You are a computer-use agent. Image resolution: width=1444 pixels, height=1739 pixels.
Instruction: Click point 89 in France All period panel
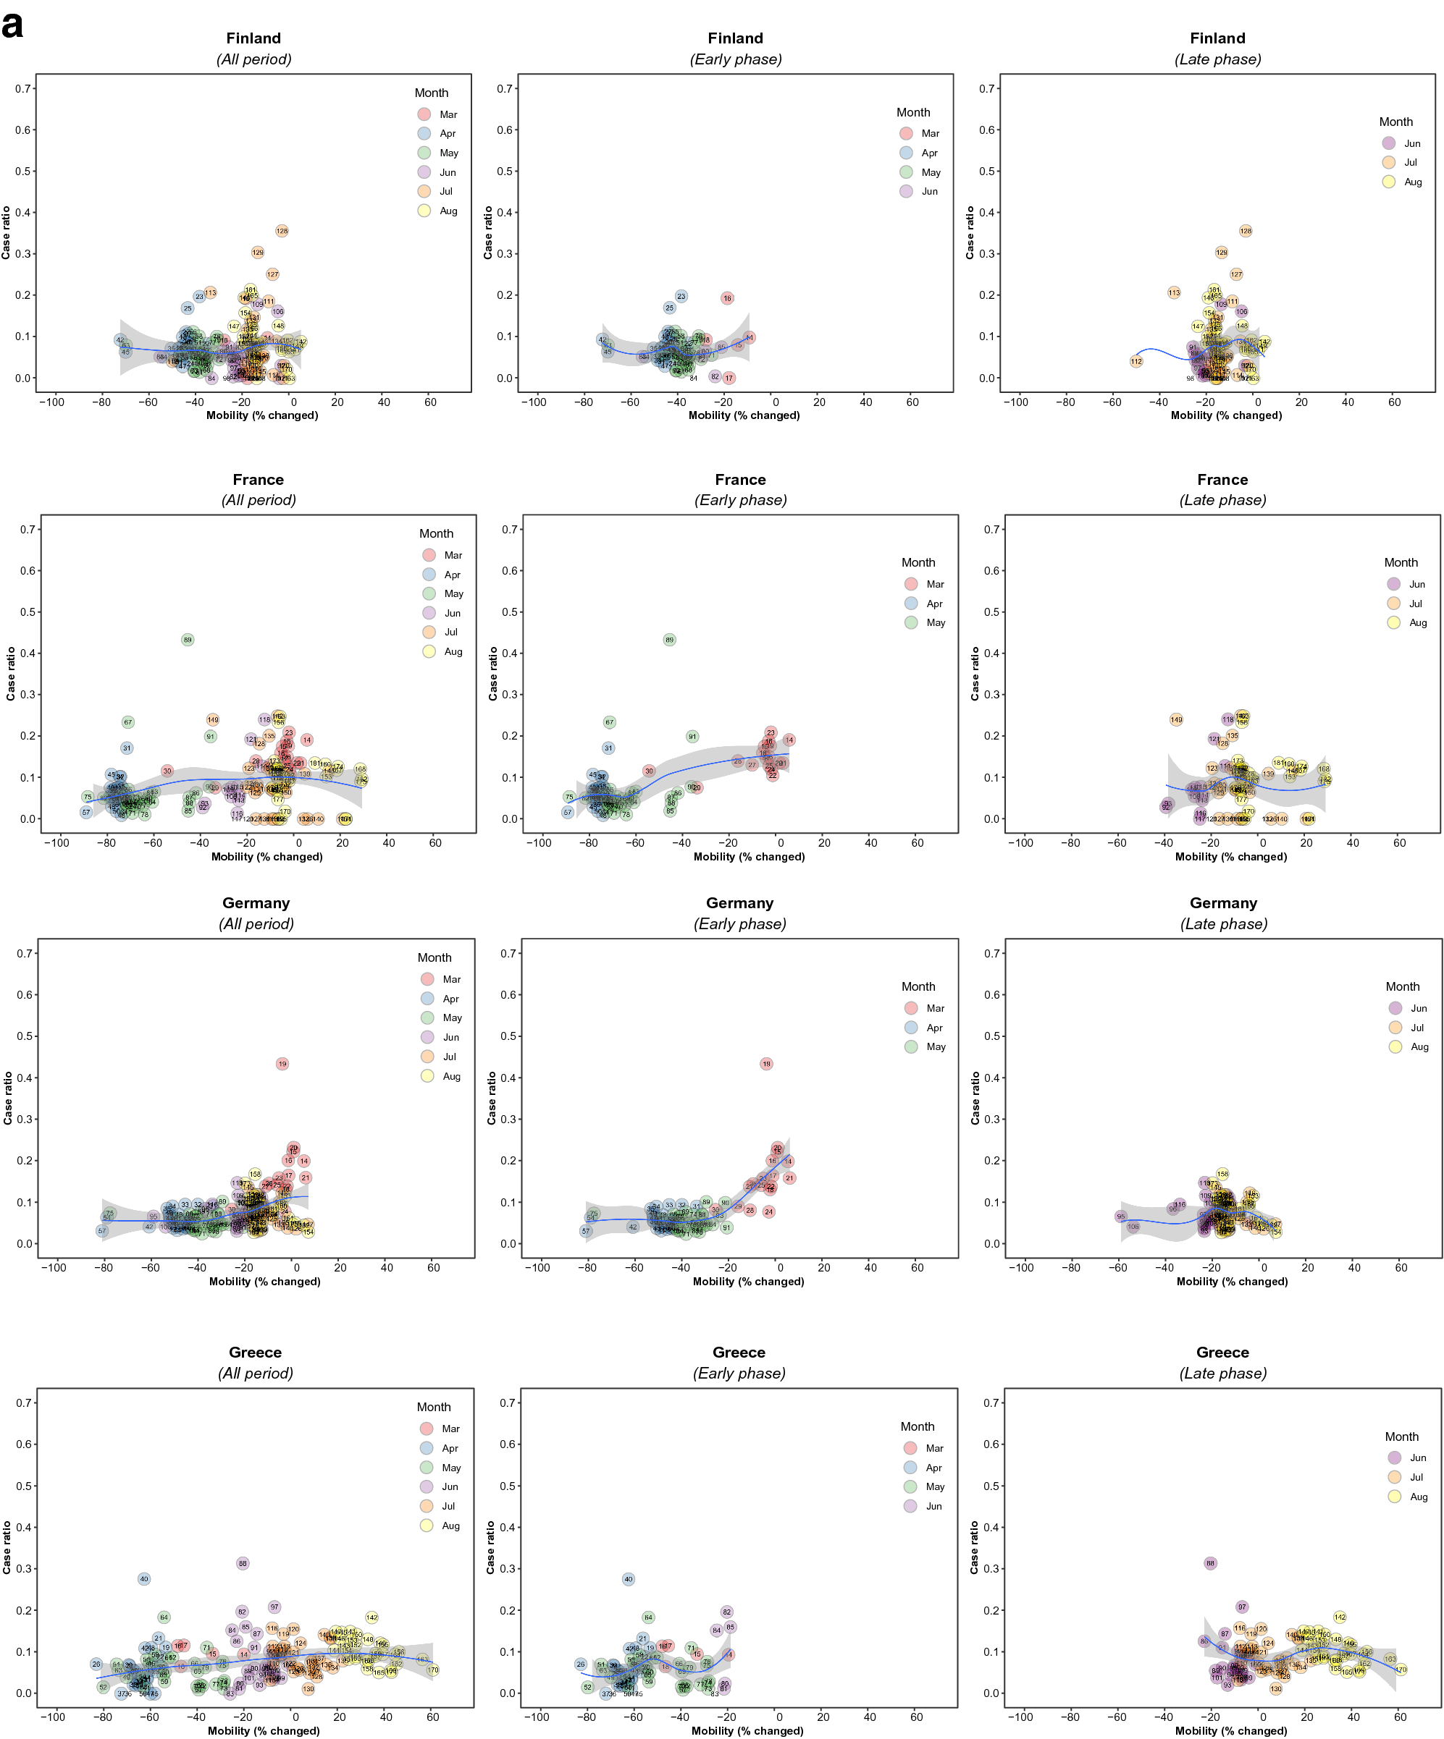tap(188, 639)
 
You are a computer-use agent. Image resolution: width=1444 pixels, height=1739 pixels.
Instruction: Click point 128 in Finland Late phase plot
tap(1245, 231)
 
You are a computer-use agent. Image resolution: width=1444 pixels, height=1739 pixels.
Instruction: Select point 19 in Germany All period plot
tap(282, 1063)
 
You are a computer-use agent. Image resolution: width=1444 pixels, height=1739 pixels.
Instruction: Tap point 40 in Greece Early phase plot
tap(628, 1579)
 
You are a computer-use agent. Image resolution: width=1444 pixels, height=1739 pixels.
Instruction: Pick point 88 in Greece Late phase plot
tap(1210, 1563)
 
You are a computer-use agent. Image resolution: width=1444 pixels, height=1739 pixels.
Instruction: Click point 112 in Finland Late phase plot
tap(1137, 361)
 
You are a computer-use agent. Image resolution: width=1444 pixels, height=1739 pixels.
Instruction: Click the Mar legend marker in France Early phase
tap(911, 584)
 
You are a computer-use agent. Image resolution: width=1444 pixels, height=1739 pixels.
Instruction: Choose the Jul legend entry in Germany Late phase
tap(1408, 1028)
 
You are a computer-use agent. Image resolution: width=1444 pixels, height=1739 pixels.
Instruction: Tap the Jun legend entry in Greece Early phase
tap(923, 1506)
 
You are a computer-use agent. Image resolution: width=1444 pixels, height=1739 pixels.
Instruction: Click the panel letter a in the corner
tap(12, 25)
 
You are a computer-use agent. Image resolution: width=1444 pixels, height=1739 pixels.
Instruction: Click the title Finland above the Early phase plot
tap(735, 38)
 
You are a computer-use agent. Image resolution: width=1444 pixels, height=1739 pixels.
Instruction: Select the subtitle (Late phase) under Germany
tap(1223, 923)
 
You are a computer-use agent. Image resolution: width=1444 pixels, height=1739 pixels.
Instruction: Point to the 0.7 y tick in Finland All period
tap(23, 88)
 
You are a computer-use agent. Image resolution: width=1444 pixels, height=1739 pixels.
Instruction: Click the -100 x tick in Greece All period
tap(53, 1717)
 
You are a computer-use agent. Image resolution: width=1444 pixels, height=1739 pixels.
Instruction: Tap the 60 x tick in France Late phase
tap(1399, 842)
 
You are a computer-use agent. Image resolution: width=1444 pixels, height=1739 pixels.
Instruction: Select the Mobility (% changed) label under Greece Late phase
tap(1230, 1731)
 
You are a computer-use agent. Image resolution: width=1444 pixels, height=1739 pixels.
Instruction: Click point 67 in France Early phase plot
tap(610, 722)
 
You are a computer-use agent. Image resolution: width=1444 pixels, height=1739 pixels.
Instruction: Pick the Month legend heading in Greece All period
tap(433, 1407)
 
